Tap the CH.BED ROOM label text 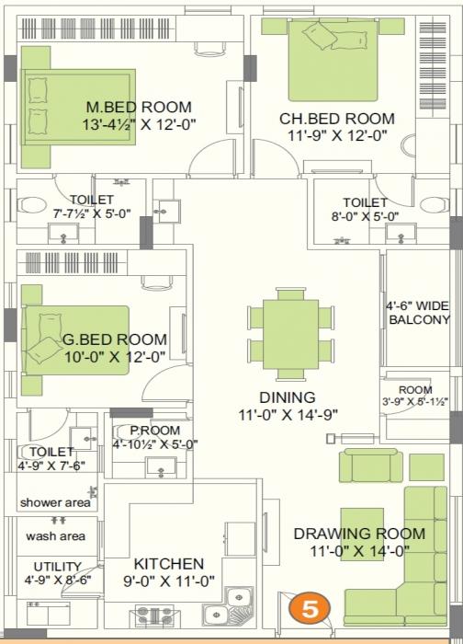336,119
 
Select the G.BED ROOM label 115,339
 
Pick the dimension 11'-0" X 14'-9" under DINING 287,414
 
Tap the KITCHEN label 169,563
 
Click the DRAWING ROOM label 359,534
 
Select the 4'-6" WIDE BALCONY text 419,313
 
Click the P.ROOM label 154,431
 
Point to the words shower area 56,502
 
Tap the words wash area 55,535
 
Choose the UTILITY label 58,566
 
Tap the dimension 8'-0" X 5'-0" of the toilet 365,216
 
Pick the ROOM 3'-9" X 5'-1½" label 414,396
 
